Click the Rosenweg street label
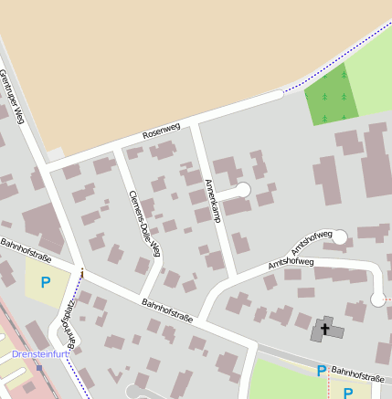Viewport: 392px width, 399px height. [162, 131]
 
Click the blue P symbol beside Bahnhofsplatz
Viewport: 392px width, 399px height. [45, 283]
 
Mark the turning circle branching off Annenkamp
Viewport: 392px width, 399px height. [243, 190]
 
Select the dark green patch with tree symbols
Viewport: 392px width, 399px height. [332, 95]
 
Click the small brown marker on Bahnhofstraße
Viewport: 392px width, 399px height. [82, 272]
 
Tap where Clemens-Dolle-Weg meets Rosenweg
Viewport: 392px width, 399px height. [117, 148]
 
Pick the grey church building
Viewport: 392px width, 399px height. [326, 329]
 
